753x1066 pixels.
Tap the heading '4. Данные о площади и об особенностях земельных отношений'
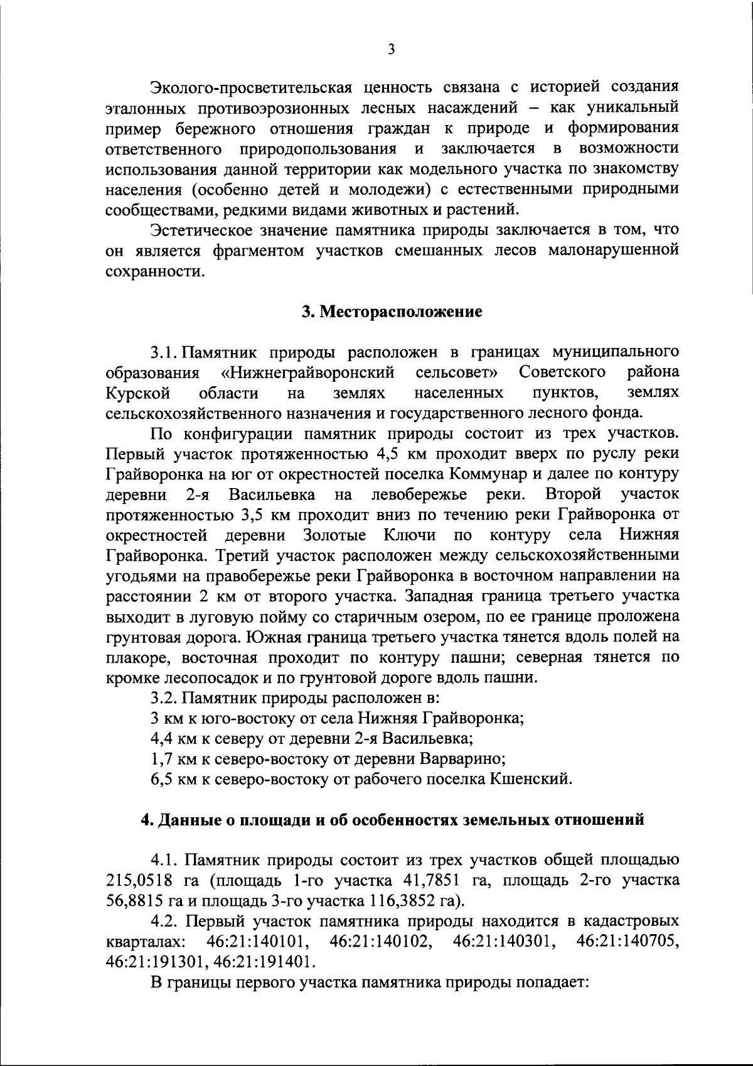392,820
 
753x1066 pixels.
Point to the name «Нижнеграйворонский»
308,373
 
